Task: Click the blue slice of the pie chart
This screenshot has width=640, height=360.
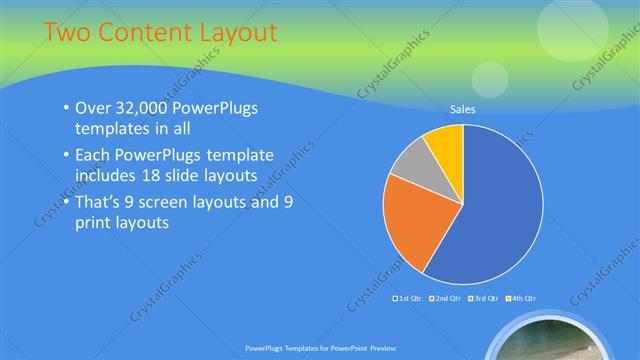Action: coord(495,215)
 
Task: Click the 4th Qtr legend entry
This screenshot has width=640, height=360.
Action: coord(523,298)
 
